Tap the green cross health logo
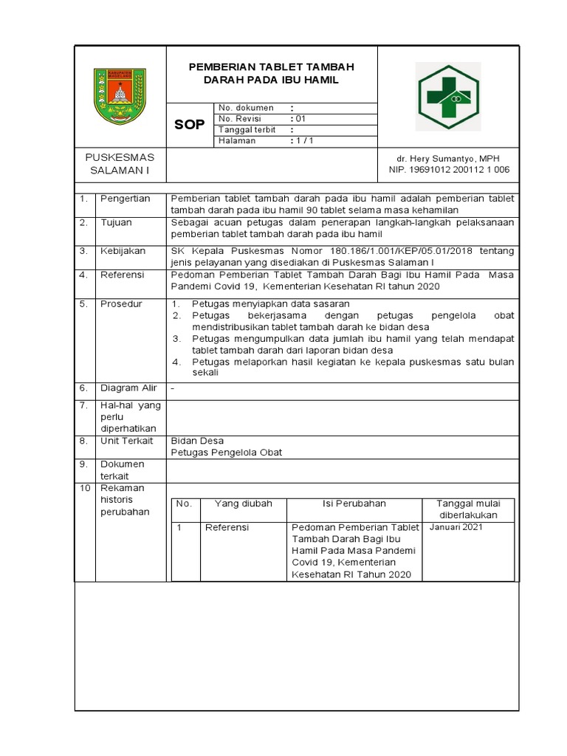[449, 96]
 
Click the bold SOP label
[190, 125]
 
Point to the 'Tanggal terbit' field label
[247, 129]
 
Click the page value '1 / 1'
[303, 140]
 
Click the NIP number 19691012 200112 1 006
[449, 170]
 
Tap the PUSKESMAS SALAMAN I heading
[120, 164]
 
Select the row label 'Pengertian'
[125, 199]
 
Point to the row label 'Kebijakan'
[123, 251]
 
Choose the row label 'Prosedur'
[121, 303]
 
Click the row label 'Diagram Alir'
[128, 388]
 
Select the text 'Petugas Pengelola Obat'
[226, 452]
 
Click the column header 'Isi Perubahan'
[354, 504]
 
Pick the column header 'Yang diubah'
[243, 504]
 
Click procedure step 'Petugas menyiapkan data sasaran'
[270, 303]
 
